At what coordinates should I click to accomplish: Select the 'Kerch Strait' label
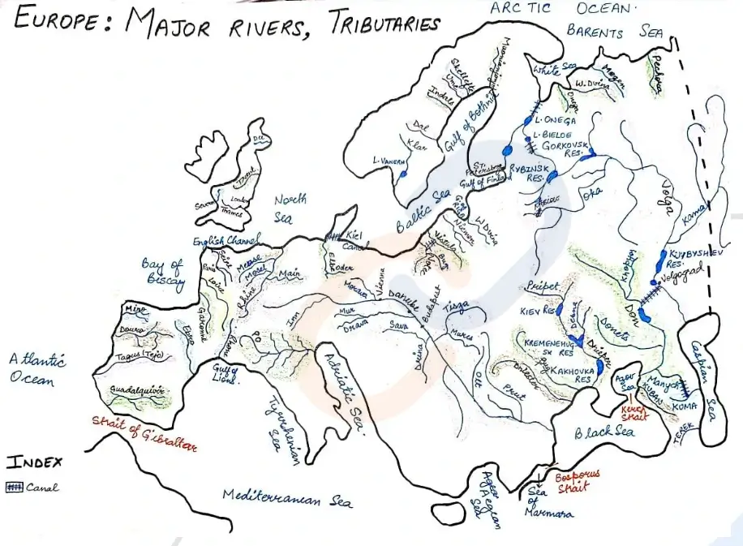[636, 412]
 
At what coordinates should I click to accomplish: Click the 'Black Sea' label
[603, 433]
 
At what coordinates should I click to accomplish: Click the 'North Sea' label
[290, 207]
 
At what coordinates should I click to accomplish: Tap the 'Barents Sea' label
[617, 32]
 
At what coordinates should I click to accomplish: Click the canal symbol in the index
[15, 488]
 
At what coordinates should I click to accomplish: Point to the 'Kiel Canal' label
[356, 240]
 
